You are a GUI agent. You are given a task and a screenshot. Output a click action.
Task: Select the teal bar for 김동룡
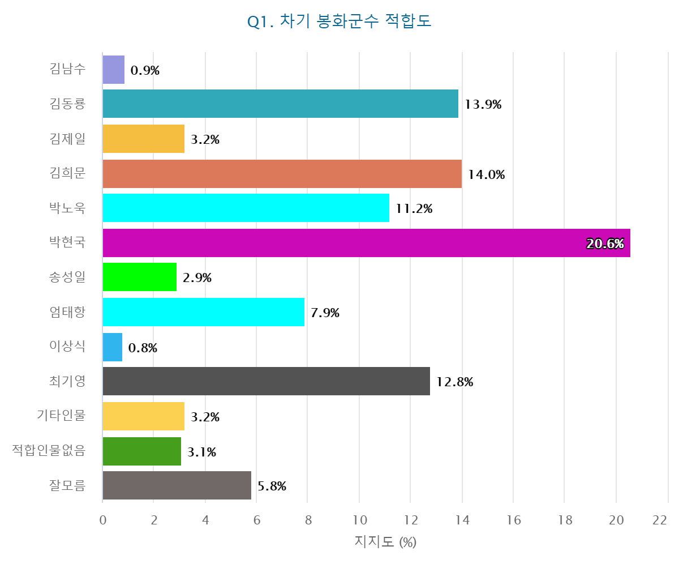pyautogui.click(x=280, y=104)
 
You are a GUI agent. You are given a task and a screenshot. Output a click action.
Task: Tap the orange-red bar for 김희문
pyautogui.click(x=282, y=174)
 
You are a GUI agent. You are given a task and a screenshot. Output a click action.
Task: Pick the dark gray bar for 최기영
pyautogui.click(x=266, y=381)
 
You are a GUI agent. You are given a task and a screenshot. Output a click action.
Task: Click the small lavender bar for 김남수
pyautogui.click(x=113, y=70)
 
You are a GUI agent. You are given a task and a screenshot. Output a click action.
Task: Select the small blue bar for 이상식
pyautogui.click(x=112, y=347)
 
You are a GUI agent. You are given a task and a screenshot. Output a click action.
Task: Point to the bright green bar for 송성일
pyautogui.click(x=139, y=277)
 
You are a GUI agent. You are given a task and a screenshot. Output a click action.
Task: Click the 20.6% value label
pyautogui.click(x=605, y=244)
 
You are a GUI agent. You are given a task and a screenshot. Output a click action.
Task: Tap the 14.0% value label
pyautogui.click(x=486, y=174)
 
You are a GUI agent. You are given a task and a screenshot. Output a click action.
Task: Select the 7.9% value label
pyautogui.click(x=325, y=313)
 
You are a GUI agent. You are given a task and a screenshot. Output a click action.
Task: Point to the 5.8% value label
pyautogui.click(x=272, y=486)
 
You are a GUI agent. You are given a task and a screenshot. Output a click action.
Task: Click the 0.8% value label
pyautogui.click(x=143, y=348)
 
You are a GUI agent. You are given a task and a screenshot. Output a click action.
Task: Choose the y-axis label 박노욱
pyautogui.click(x=67, y=208)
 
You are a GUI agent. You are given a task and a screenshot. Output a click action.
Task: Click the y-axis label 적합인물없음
pyautogui.click(x=49, y=451)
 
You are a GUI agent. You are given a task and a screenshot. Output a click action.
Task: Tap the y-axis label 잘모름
pyautogui.click(x=67, y=485)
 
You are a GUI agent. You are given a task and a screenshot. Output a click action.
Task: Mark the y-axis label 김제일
pyautogui.click(x=67, y=139)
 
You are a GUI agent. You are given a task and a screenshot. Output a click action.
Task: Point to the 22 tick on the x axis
pyautogui.click(x=660, y=520)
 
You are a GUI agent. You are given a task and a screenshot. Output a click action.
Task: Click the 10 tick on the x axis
pyautogui.click(x=359, y=520)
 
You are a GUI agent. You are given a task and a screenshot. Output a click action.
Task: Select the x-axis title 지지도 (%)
pyautogui.click(x=385, y=542)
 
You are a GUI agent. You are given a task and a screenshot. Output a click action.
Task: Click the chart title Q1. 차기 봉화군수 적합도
pyautogui.click(x=339, y=22)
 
